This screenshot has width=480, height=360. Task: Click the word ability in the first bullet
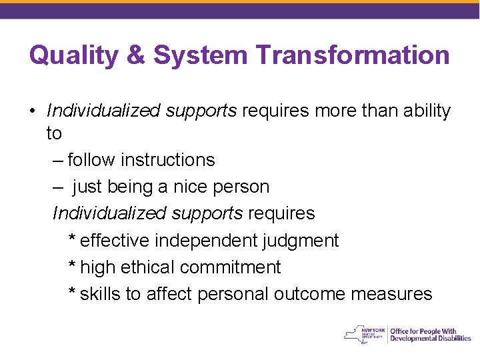coord(427,111)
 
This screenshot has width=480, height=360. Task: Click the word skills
coord(100,293)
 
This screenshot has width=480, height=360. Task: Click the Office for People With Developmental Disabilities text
coord(430,335)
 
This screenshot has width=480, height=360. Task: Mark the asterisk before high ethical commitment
coord(72,265)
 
